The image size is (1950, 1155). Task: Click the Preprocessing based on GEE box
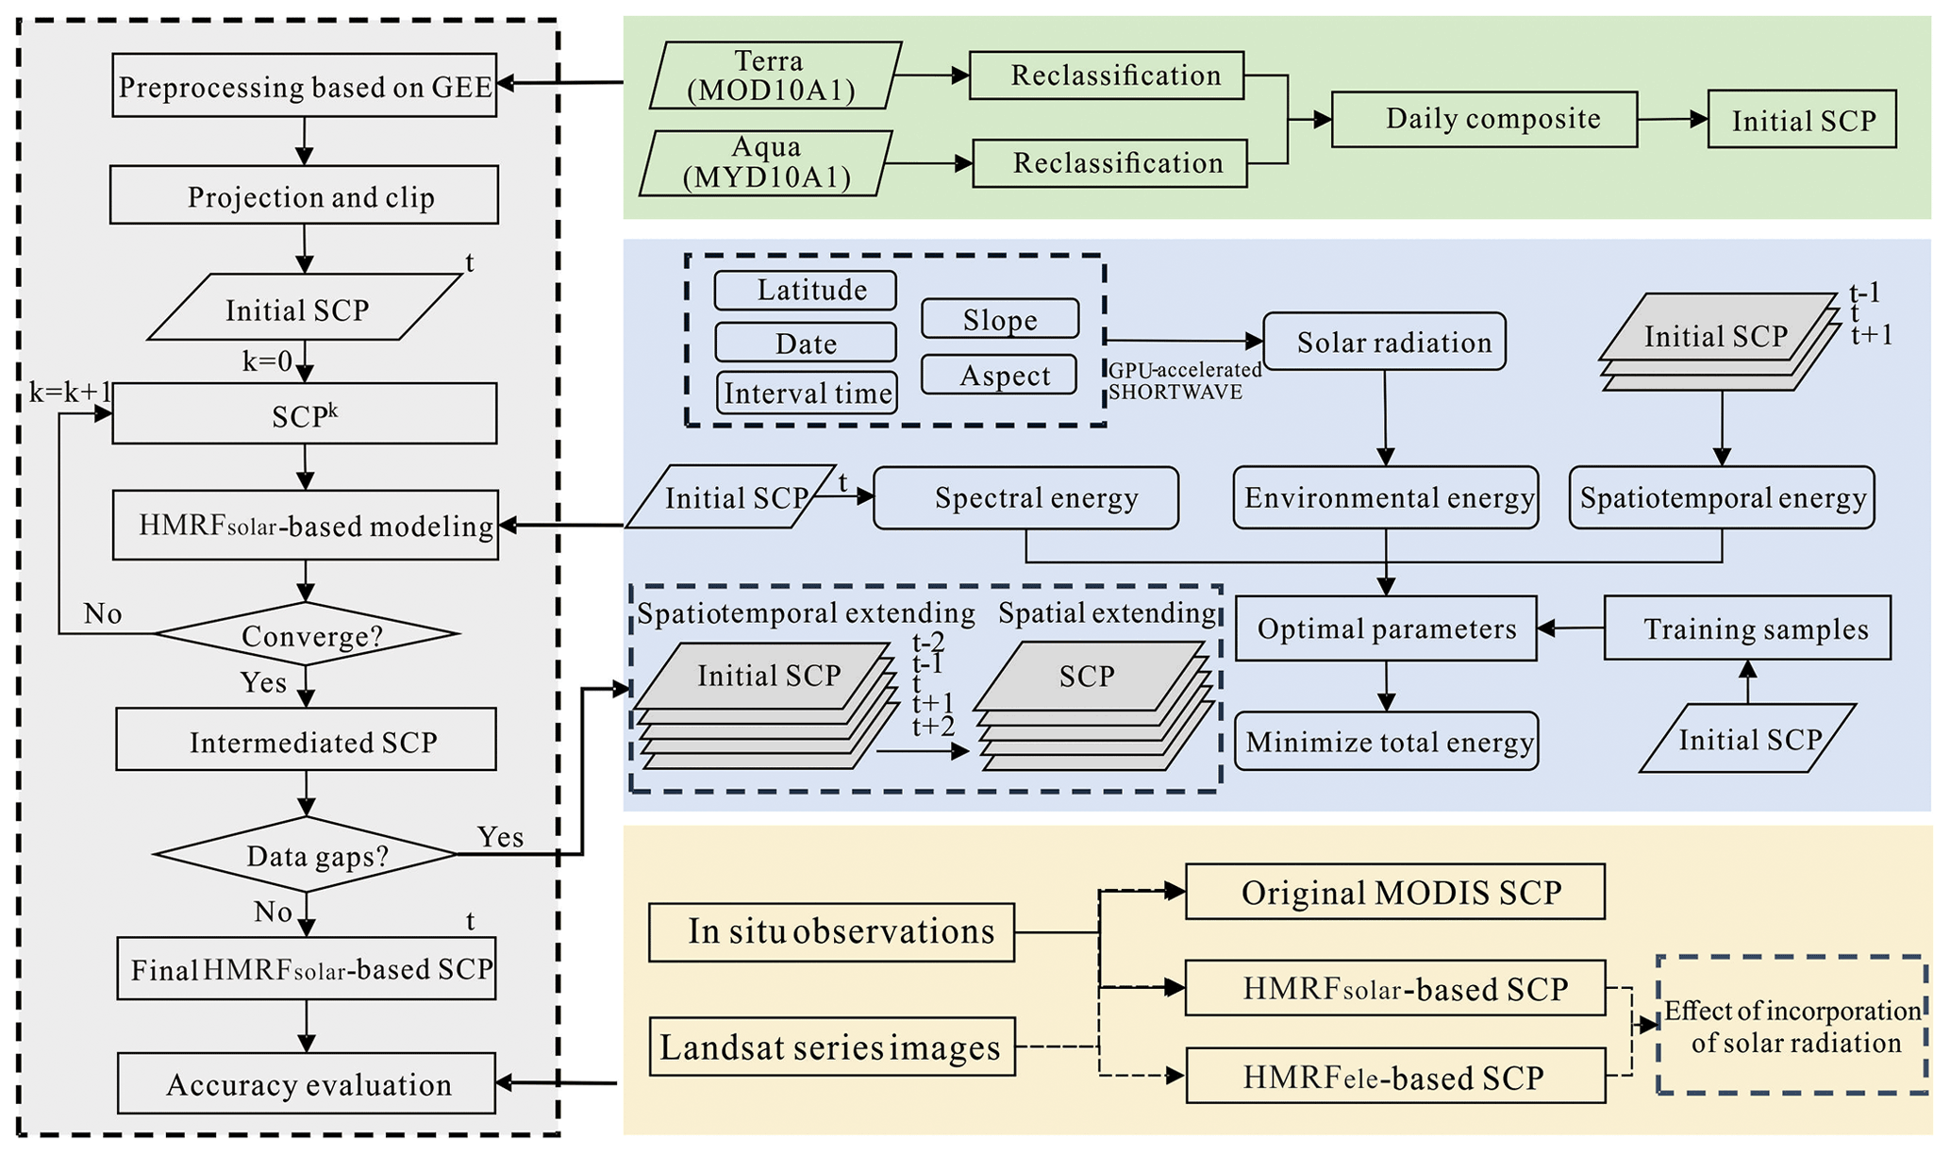click(304, 86)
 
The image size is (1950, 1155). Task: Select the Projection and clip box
click(304, 195)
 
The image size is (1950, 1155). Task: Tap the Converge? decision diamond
click(307, 634)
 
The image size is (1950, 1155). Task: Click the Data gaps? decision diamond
click(307, 855)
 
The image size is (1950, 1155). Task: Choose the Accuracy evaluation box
click(307, 1083)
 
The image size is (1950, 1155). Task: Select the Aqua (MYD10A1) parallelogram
click(766, 163)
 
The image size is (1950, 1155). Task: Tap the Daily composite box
click(1484, 119)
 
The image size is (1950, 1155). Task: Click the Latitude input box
click(806, 290)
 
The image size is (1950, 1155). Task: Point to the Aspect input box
click(1000, 375)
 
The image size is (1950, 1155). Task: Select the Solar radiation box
click(1384, 342)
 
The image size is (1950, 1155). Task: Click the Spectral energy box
click(1026, 497)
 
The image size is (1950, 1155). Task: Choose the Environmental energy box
click(1386, 497)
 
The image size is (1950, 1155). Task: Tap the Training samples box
click(1747, 628)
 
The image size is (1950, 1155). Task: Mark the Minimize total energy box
click(1386, 742)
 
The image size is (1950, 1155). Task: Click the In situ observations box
click(831, 932)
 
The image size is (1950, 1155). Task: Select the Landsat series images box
click(832, 1046)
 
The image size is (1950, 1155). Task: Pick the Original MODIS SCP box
click(1394, 892)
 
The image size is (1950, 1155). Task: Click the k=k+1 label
click(71, 393)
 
